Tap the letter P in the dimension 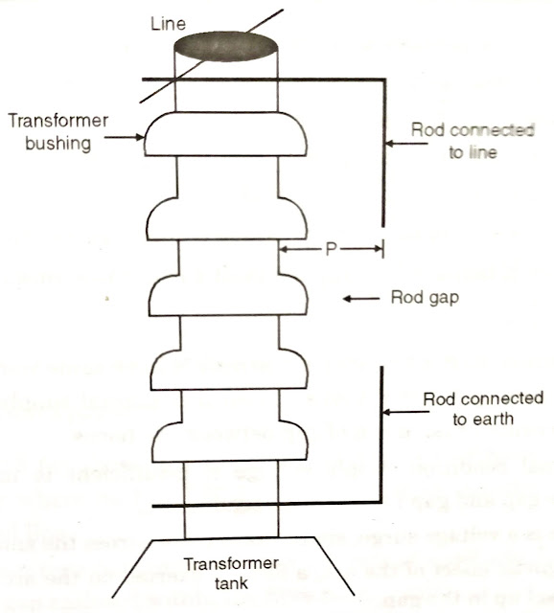tap(332, 249)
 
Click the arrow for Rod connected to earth tap(405, 413)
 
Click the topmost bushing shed tap(226, 134)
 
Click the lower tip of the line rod tap(383, 226)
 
